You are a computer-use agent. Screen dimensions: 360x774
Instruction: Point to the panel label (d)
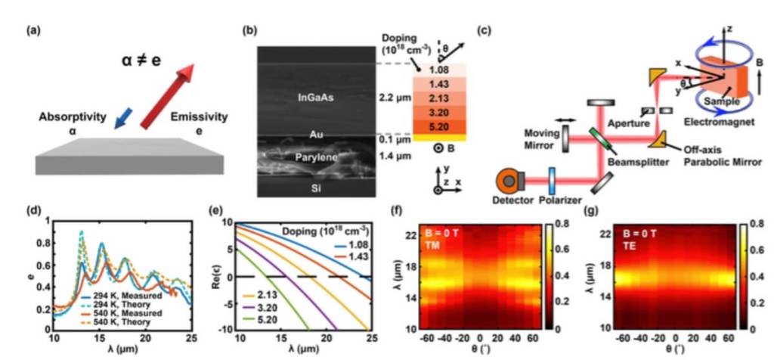point(33,208)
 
